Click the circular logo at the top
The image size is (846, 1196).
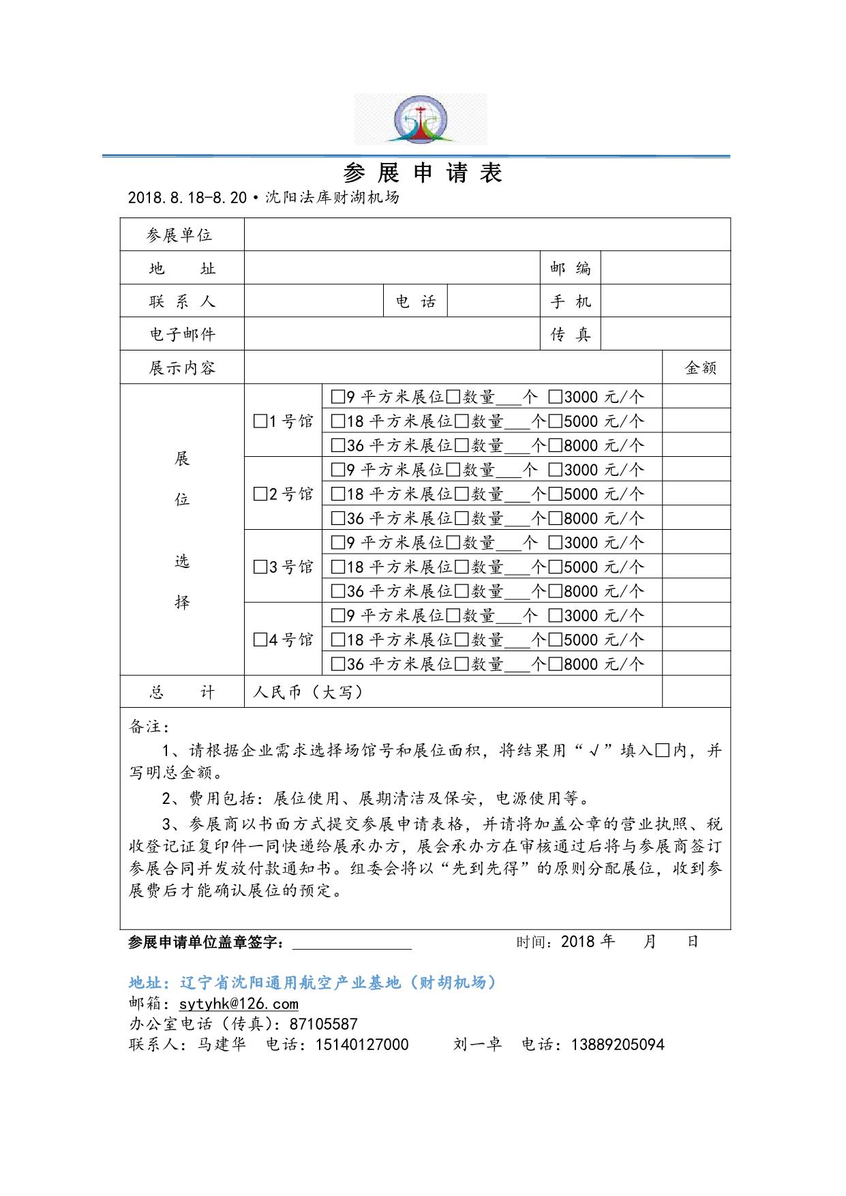(421, 119)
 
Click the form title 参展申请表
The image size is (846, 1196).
(423, 173)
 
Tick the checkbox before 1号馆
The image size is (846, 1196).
(260, 421)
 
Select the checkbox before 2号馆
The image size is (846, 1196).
(260, 494)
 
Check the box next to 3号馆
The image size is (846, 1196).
(260, 567)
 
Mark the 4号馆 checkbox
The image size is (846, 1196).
(260, 640)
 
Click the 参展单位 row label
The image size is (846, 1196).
(180, 235)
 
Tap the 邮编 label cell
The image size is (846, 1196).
(571, 268)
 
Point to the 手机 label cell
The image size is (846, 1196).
(571, 301)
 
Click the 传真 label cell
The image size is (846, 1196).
(571, 334)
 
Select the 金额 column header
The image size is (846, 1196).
(700, 368)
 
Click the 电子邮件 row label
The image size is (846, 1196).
(182, 334)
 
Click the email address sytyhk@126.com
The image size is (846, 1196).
(239, 1004)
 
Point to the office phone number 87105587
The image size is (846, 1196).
(323, 1024)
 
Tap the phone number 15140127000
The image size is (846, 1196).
(361, 1045)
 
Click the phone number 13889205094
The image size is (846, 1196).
(617, 1045)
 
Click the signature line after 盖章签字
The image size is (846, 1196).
(352, 942)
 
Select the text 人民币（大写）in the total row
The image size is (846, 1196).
(307, 693)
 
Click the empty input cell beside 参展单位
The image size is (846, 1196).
(487, 235)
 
